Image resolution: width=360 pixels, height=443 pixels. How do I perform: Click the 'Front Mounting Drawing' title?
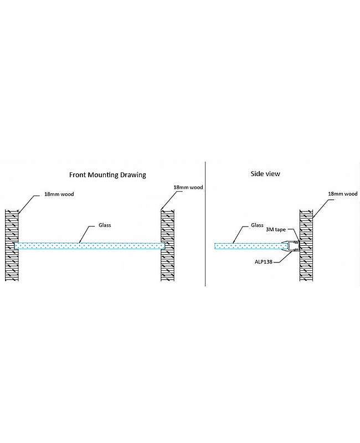click(x=107, y=174)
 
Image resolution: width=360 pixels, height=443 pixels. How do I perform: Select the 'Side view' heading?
click(x=265, y=174)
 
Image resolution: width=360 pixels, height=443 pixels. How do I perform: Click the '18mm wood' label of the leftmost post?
click(x=59, y=195)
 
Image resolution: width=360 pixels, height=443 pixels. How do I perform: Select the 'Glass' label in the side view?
click(x=256, y=225)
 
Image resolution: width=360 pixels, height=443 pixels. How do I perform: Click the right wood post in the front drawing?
click(x=168, y=246)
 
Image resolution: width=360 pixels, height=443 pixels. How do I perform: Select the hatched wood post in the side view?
click(x=307, y=246)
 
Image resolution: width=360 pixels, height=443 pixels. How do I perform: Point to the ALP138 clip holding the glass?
click(x=292, y=246)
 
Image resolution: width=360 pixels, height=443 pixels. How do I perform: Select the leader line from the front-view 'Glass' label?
click(x=87, y=235)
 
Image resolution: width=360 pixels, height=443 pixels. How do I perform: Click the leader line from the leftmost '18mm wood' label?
click(x=31, y=203)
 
